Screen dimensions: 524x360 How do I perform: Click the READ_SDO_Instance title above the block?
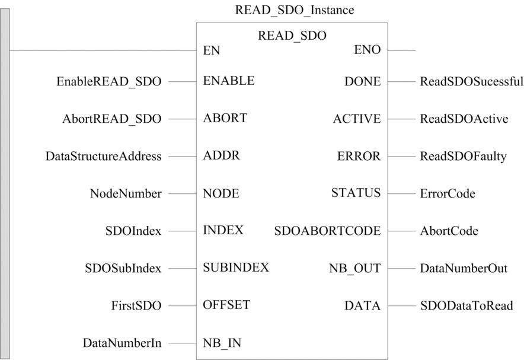click(295, 10)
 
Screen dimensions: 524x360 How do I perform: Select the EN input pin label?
click(211, 51)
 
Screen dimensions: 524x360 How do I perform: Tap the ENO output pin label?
click(368, 50)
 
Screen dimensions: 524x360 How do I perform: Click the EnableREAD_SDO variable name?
click(109, 82)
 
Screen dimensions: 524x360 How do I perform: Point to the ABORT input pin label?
click(225, 118)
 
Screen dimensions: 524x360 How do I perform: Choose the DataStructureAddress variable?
click(104, 156)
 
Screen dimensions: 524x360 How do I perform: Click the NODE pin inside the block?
click(221, 193)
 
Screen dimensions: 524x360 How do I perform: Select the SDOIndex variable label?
click(133, 231)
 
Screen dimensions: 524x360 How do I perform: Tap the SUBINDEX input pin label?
click(236, 267)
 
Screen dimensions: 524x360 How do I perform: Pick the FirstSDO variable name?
click(136, 305)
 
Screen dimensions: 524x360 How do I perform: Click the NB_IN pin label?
click(222, 343)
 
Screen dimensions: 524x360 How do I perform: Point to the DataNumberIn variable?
click(122, 343)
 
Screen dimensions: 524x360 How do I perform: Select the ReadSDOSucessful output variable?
click(471, 82)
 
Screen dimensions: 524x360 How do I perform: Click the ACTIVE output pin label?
click(357, 119)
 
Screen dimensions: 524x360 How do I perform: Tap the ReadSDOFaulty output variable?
click(463, 157)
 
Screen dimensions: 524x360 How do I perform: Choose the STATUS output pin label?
click(356, 193)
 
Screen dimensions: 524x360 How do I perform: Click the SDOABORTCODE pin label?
click(327, 231)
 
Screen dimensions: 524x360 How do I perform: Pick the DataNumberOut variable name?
click(464, 269)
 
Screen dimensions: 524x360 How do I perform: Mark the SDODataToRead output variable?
click(467, 306)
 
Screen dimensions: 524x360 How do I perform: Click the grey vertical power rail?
click(5, 184)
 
